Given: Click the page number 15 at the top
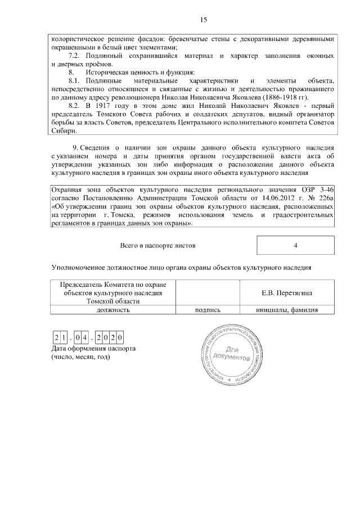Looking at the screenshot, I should tap(204, 20).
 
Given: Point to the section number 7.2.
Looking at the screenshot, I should tap(75, 56).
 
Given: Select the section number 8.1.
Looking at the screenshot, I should tap(75, 81).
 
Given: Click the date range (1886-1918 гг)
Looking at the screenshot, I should tap(298, 97).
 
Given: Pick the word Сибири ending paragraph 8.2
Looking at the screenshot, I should tap(62, 131).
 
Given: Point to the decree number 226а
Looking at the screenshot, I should tap(326, 199).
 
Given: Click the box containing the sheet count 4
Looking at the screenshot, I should tap(295, 246).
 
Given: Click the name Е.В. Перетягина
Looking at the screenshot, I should tap(287, 293).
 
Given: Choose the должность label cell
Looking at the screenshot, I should tap(113, 309).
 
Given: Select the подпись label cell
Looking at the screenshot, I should tap(208, 309).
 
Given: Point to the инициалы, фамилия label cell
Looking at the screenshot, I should tap(287, 309).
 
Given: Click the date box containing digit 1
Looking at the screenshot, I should tap(64, 337).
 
